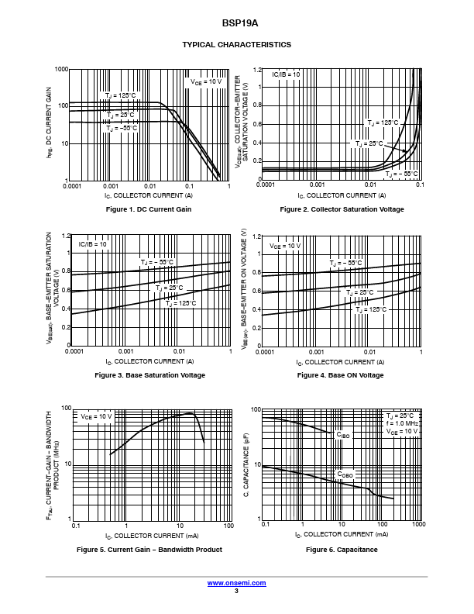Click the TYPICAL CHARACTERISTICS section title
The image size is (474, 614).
pos(236,45)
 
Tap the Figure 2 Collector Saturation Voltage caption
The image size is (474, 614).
pos(342,209)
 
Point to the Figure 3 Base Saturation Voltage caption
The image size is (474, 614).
pos(149,375)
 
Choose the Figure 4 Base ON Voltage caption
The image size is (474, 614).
pos(340,375)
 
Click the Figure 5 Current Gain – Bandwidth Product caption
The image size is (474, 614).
pos(149,550)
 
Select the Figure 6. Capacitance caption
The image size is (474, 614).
pos(342,550)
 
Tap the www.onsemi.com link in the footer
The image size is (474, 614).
pos(236,582)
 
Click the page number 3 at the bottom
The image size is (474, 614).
pos(236,591)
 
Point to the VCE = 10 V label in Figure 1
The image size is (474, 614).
pos(206,81)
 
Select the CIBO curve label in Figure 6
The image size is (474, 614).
pos(343,436)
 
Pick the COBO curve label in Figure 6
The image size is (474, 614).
pos(344,474)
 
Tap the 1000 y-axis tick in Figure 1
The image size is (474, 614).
pos(61,70)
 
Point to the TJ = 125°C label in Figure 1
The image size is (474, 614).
pos(121,95)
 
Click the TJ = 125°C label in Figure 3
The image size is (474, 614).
pos(180,303)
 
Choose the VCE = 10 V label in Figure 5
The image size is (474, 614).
pos(96,416)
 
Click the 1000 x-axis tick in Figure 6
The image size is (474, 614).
pos(418,526)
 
